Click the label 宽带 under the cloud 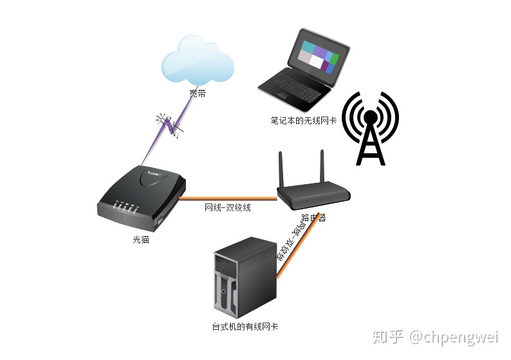[x=198, y=93]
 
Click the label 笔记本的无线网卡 [x=304, y=120]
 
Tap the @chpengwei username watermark [x=454, y=337]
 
